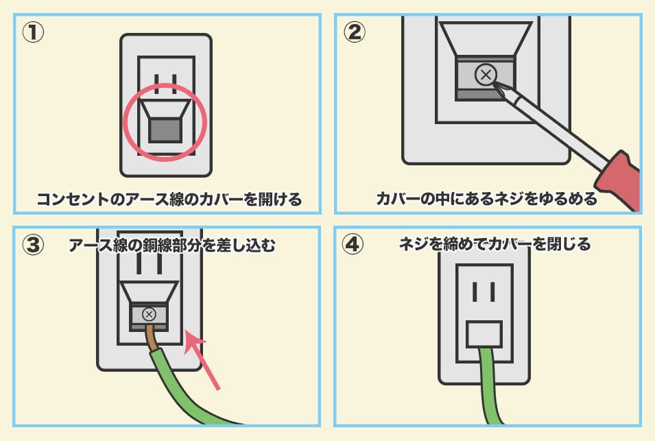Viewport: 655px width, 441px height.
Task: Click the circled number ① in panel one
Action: pos(33,32)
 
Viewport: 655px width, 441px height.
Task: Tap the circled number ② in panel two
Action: pos(354,32)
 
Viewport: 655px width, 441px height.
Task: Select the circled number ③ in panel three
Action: pos(33,244)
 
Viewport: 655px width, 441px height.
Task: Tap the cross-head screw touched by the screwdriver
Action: pos(486,75)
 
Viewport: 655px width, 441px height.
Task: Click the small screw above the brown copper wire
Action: pos(149,315)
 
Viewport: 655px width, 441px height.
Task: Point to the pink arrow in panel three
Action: pos(201,359)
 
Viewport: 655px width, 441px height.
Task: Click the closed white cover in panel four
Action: pos(484,335)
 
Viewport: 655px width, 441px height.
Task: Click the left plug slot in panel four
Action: pos(475,291)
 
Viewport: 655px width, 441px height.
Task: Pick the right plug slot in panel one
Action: pos(174,84)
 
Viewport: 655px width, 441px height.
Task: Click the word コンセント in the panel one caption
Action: pos(73,199)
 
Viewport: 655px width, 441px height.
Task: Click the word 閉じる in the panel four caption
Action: pos(569,244)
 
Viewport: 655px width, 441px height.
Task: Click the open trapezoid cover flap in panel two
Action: pos(486,39)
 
